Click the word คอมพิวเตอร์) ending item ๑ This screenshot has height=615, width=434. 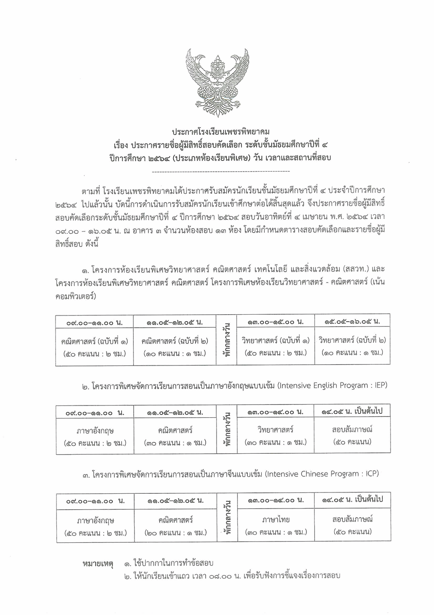[76, 296]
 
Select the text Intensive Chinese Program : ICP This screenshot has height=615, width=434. [321, 474]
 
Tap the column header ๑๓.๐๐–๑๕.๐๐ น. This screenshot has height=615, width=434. [275, 322]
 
